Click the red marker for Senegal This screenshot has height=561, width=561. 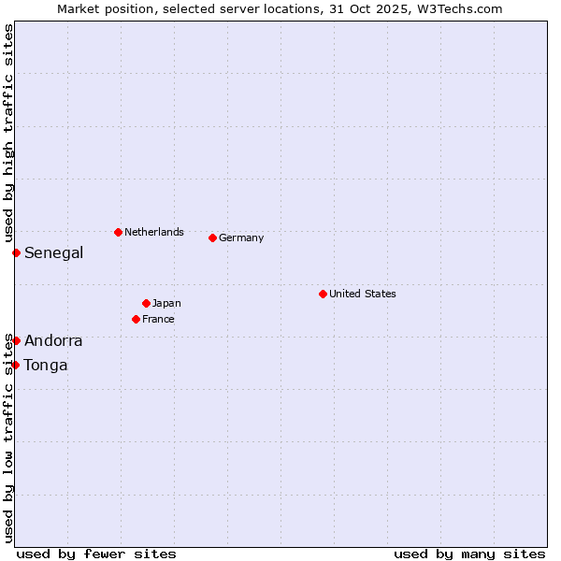pos(16,252)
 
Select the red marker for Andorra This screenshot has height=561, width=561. pos(16,340)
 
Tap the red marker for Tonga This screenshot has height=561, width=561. pos(16,365)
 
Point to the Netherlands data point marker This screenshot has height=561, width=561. pos(118,232)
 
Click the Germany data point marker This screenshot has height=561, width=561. pos(212,237)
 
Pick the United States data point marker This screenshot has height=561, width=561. pos(323,294)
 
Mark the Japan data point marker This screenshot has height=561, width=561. pos(146,303)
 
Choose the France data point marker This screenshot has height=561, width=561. pos(137,319)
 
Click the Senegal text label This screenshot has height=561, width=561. pos(53,252)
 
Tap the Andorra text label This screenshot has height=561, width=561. pos(53,340)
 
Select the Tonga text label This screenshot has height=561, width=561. pos(46,365)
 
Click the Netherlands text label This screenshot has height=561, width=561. pos(154,232)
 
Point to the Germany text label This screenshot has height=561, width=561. pos(241,237)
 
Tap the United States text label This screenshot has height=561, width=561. pos(363,294)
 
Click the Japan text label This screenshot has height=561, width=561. pos(166,303)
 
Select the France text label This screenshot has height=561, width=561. pos(158,319)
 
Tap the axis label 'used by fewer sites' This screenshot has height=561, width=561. pos(96,554)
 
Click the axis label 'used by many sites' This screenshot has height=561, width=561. pos(469,554)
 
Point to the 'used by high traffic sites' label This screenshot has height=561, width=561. pos(8,132)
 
